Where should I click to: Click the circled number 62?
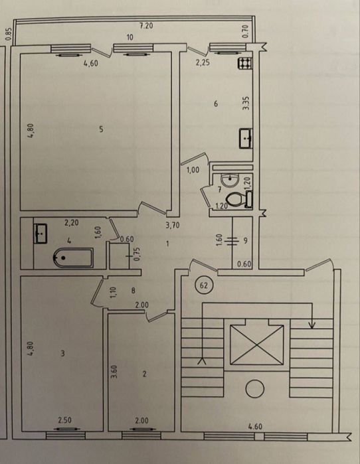204,285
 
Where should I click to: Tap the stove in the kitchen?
245,63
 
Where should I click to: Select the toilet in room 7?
239,200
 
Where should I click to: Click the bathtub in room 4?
73,258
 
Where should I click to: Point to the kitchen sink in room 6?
246,138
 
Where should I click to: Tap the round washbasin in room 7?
230,181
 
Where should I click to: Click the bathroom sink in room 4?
41,234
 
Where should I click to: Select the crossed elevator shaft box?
256,345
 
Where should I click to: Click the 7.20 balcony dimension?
146,26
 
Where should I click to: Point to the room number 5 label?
101,129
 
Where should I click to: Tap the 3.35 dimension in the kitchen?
246,104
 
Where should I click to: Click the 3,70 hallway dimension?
173,226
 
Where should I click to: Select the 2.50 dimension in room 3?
64,420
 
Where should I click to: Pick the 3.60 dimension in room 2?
115,371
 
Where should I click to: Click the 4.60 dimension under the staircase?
255,426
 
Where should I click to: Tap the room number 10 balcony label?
130,37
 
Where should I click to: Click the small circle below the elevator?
254,390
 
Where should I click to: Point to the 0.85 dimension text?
8,34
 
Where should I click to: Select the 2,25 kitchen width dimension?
203,62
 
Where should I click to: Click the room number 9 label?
245,240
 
